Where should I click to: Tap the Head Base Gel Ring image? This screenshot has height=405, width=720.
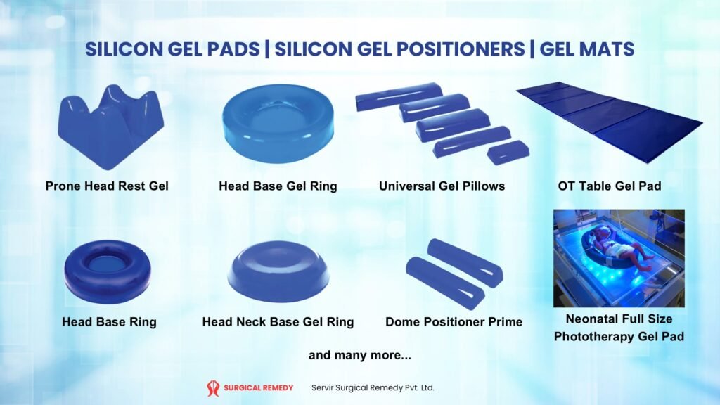click(278, 124)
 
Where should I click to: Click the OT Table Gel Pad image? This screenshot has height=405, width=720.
click(610, 122)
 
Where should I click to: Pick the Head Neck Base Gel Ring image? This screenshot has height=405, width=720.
click(278, 271)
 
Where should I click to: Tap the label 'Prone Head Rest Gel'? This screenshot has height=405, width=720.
click(107, 186)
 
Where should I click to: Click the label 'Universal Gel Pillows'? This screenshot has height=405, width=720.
click(442, 186)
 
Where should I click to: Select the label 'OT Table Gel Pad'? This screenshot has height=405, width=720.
click(610, 186)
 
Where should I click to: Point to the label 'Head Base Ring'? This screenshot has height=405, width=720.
click(109, 322)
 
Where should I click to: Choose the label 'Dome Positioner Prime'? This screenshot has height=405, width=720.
click(454, 322)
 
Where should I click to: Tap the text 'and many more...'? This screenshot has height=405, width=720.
click(360, 355)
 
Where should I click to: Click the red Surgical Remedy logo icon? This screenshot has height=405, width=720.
click(212, 388)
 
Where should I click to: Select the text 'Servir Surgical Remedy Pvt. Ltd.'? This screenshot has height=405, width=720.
click(373, 387)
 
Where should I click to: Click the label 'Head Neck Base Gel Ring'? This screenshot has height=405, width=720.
click(278, 322)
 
